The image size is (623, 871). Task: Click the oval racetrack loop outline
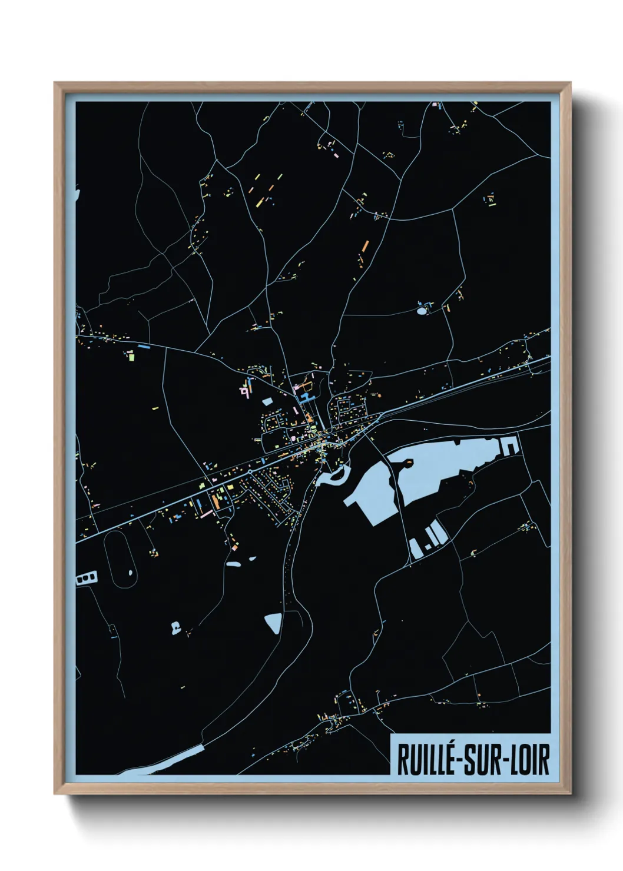pyautogui.click(x=105, y=559)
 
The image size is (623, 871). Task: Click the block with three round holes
pyautogui.click(x=87, y=579)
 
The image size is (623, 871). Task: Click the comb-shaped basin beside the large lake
pyautogui.click(x=510, y=446)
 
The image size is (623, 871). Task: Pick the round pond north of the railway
pyautogui.click(x=422, y=310)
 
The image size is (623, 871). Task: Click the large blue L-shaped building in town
pyautogui.click(x=306, y=398)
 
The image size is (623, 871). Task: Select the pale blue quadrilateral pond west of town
pyautogui.click(x=268, y=401)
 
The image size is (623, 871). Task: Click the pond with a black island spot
pyautogui.click(x=174, y=627)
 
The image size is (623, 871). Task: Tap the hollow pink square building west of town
pyautogui.click(x=243, y=390)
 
